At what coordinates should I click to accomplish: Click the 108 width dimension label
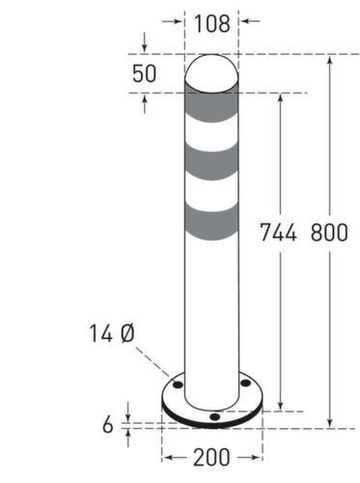[x=211, y=23]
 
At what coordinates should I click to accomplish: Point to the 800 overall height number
[x=329, y=233]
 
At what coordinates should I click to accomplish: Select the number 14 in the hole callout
[x=99, y=334]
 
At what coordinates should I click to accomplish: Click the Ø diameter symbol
[x=126, y=334]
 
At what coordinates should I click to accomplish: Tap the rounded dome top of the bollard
[x=211, y=72]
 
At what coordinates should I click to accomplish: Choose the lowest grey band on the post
[x=211, y=223]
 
